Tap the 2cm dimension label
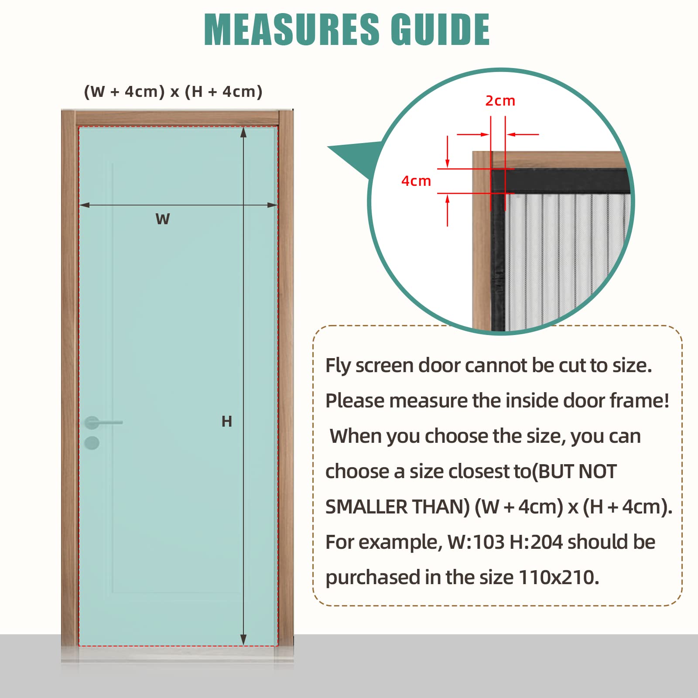pyautogui.click(x=500, y=101)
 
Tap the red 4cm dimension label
pyautogui.click(x=416, y=181)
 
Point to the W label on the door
pyautogui.click(x=163, y=219)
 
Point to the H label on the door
pyautogui.click(x=226, y=421)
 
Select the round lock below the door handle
pyautogui.click(x=92, y=443)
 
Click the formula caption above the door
pyautogui.click(x=173, y=92)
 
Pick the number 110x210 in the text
pyautogui.click(x=558, y=578)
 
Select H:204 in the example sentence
pyautogui.click(x=536, y=542)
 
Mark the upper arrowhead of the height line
pyautogui.click(x=243, y=132)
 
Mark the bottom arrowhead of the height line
pyautogui.click(x=243, y=640)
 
